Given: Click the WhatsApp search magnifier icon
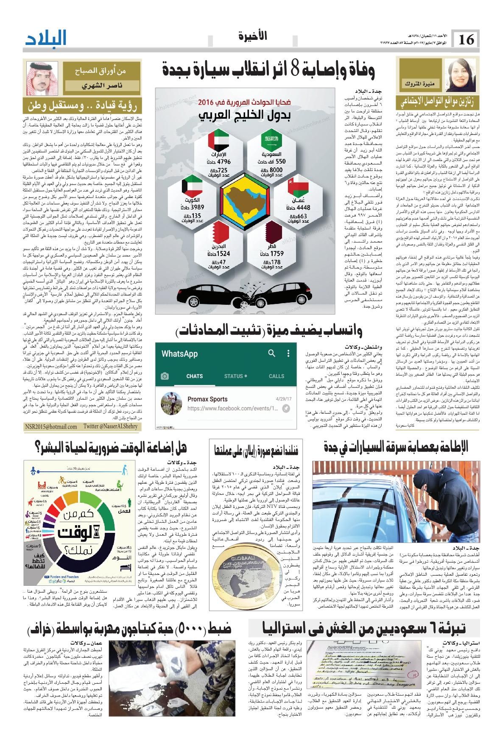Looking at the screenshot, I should [271, 353].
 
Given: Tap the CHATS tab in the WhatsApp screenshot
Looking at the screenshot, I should [194, 376].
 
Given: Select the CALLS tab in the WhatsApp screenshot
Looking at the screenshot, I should [276, 376].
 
